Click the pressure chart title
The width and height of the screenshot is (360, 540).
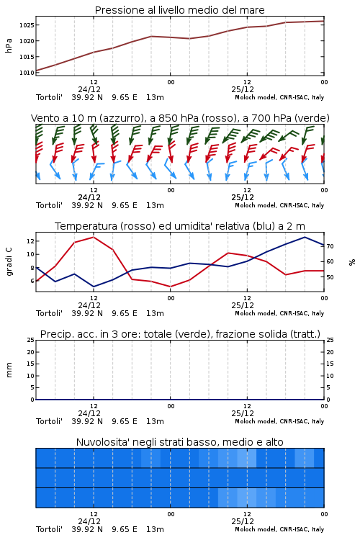(179, 10)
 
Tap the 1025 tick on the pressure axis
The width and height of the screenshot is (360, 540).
(27, 25)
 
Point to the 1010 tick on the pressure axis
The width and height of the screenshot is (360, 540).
(27, 73)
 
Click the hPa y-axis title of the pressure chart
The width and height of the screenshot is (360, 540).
(9, 45)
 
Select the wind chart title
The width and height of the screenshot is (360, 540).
(180, 118)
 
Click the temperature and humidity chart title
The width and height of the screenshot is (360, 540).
(180, 226)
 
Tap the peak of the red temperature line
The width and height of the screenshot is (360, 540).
(94, 237)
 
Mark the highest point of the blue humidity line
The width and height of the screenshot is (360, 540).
(305, 237)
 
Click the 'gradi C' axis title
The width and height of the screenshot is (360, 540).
(9, 262)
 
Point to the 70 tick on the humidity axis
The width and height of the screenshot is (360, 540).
(330, 246)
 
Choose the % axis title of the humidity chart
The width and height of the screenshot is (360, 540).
(352, 262)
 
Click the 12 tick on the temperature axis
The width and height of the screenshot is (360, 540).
(30, 241)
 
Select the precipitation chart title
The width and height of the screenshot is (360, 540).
(180, 334)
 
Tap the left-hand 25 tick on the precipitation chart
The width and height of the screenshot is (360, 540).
(30, 340)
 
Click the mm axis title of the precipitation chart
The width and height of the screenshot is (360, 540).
(9, 370)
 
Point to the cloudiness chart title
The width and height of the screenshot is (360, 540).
(179, 442)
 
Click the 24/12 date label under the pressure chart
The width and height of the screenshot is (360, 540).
(89, 89)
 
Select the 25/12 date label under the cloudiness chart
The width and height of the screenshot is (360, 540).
(243, 521)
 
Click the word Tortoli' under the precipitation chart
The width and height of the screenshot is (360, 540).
(49, 421)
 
